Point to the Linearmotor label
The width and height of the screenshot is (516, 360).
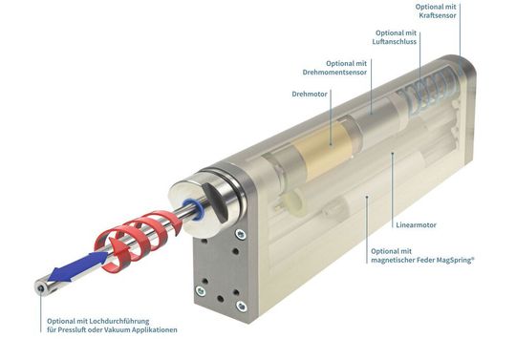[416, 225]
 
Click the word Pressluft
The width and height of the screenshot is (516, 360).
[75, 330]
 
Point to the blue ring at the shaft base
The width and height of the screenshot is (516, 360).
[194, 208]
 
